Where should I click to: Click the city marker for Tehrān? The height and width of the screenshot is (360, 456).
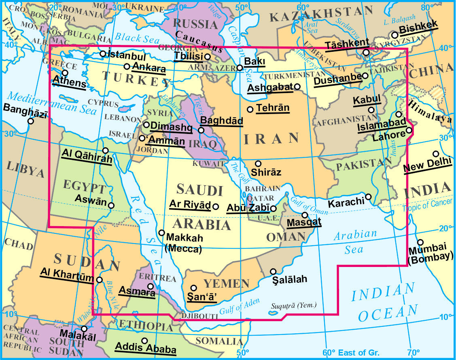pos(250,109)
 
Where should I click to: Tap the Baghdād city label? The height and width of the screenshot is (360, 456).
pos(222,121)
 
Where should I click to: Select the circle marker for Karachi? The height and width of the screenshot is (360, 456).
pos(369,197)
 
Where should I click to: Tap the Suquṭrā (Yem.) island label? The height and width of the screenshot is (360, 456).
pos(295,306)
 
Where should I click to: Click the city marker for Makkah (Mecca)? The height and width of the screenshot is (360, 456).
pos(161,233)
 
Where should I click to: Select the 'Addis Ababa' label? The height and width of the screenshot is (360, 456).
pos(145,348)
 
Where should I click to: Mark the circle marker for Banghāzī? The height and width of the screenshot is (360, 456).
pos(31,121)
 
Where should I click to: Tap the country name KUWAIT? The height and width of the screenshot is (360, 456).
pos(208,164)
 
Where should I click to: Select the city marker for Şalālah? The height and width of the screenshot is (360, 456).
pos(274,271)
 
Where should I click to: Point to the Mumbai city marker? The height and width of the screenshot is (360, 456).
pos(420,242)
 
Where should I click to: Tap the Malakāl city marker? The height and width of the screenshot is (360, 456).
pos(84,329)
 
